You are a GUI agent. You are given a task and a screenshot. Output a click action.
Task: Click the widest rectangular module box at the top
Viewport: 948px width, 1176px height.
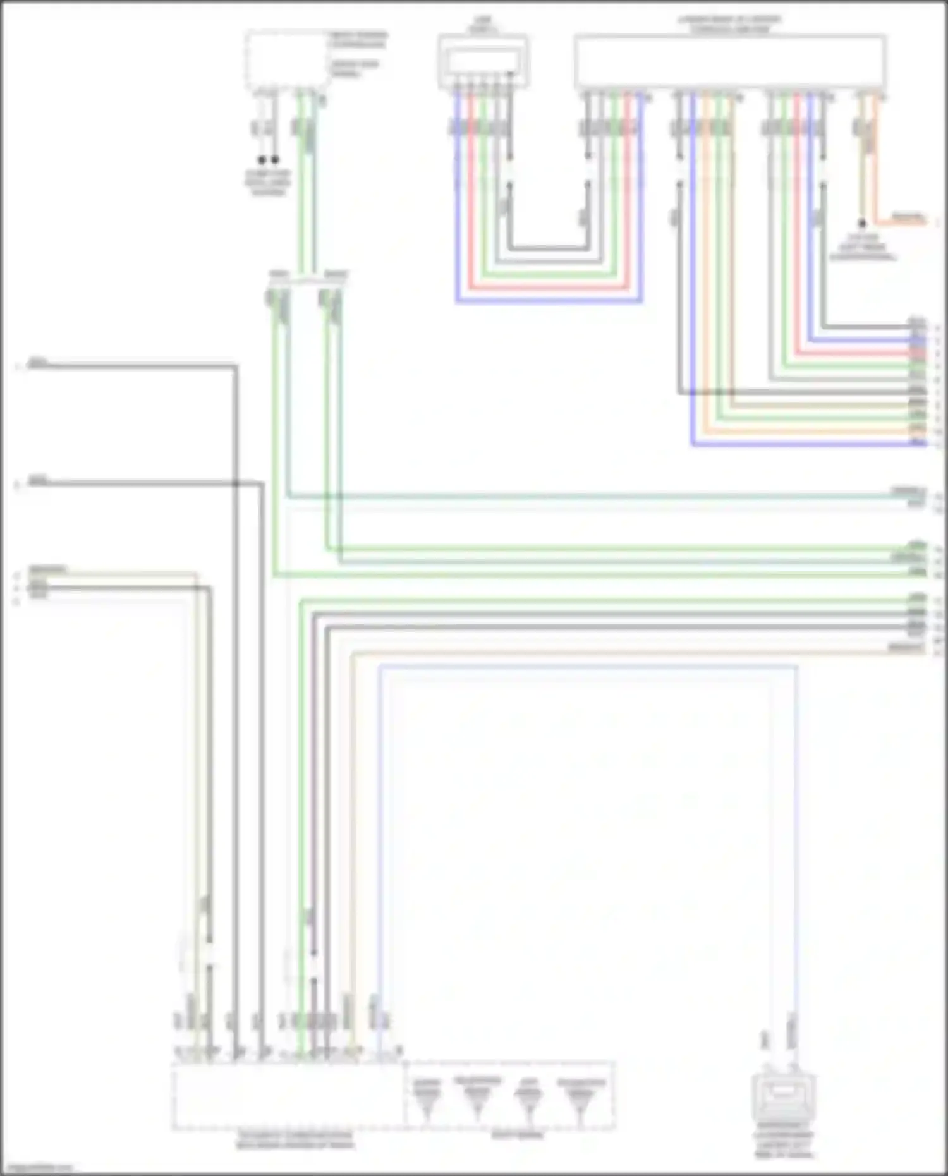(730, 61)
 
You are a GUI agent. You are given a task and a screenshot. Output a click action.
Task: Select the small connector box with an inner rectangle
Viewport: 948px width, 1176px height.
(483, 61)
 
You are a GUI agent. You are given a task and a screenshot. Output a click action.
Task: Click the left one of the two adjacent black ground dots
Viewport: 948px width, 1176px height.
(262, 161)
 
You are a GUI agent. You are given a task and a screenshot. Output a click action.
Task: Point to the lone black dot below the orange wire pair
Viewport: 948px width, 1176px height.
(861, 224)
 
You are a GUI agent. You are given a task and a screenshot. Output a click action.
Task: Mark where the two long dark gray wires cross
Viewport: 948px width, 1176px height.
(235, 484)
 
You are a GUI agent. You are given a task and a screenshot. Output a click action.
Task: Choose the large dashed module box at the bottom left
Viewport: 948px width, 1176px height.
(288, 1096)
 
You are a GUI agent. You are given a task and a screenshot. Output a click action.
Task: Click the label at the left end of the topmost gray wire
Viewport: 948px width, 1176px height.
(38, 363)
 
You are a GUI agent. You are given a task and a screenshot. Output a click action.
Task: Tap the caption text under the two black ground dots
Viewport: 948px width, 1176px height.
(268, 183)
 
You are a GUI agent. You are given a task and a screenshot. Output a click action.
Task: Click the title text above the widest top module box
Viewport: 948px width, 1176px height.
(730, 24)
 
